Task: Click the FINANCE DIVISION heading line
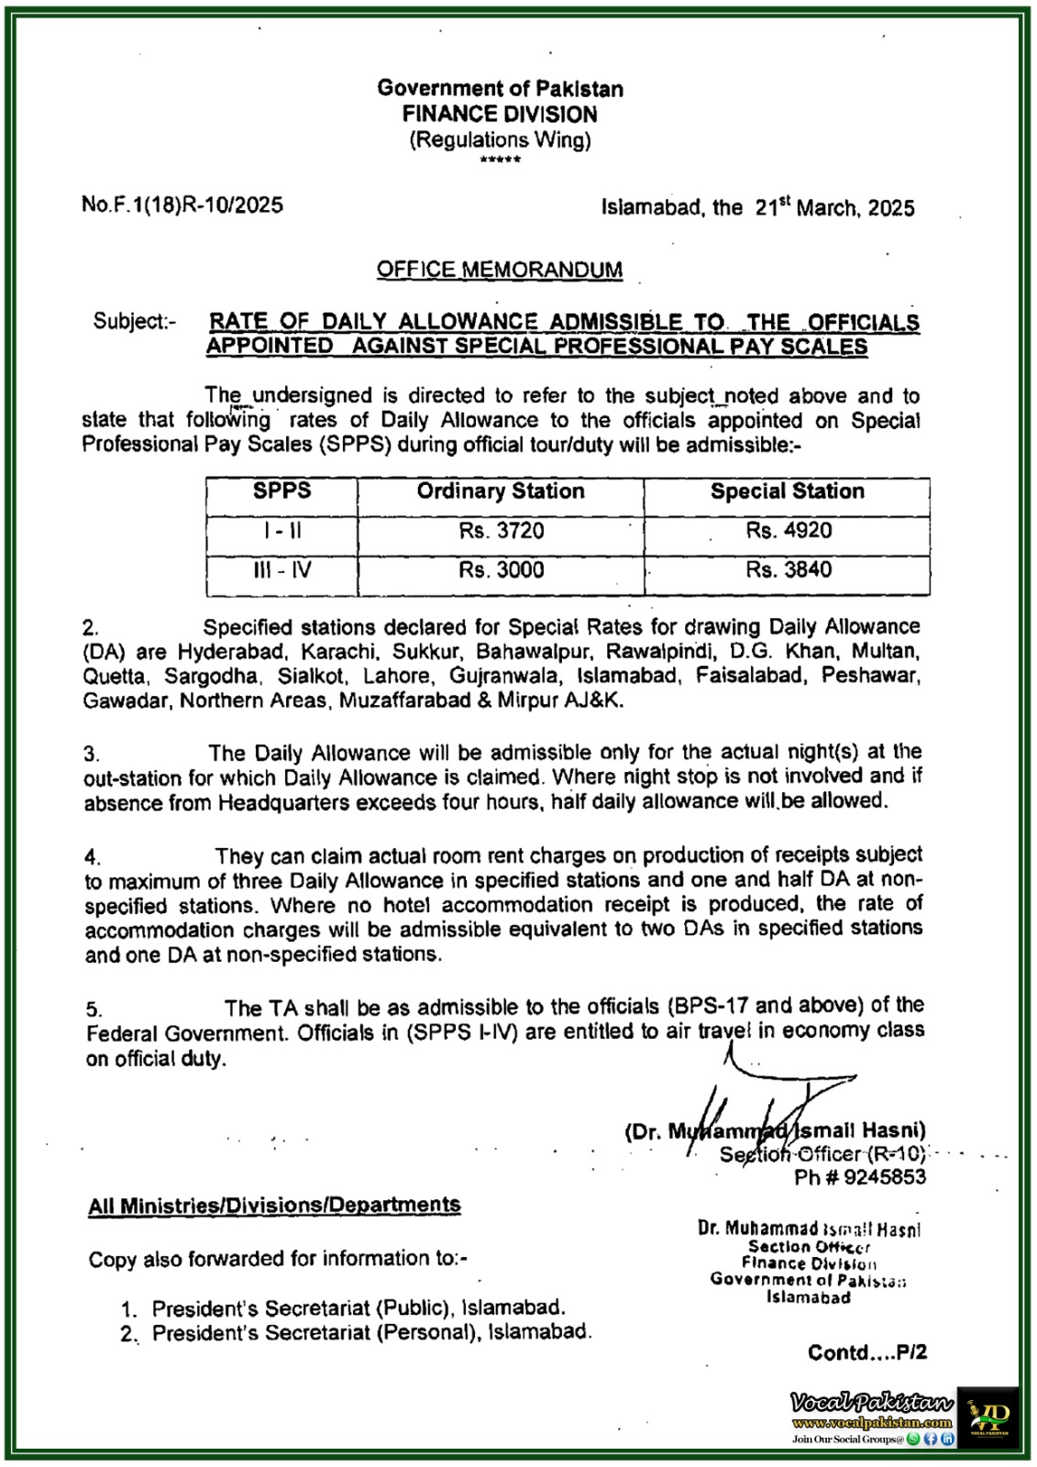pyautogui.click(x=500, y=115)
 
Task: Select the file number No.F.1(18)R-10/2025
pyautogui.click(x=182, y=204)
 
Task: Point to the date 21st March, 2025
pyautogui.click(x=834, y=207)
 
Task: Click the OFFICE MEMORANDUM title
pyautogui.click(x=500, y=270)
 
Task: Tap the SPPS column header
pyautogui.click(x=281, y=491)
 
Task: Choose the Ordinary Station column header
pyautogui.click(x=501, y=491)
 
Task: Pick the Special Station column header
pyautogui.click(x=787, y=491)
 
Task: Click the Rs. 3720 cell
pyautogui.click(x=502, y=531)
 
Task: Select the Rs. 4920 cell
pyautogui.click(x=789, y=531)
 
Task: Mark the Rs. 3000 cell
pyautogui.click(x=502, y=570)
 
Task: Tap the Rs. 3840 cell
pyautogui.click(x=789, y=570)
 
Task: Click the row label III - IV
pyautogui.click(x=282, y=570)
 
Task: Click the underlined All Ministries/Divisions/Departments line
pyautogui.click(x=274, y=1206)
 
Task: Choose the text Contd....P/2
pyautogui.click(x=866, y=1352)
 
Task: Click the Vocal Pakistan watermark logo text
pyautogui.click(x=871, y=1403)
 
